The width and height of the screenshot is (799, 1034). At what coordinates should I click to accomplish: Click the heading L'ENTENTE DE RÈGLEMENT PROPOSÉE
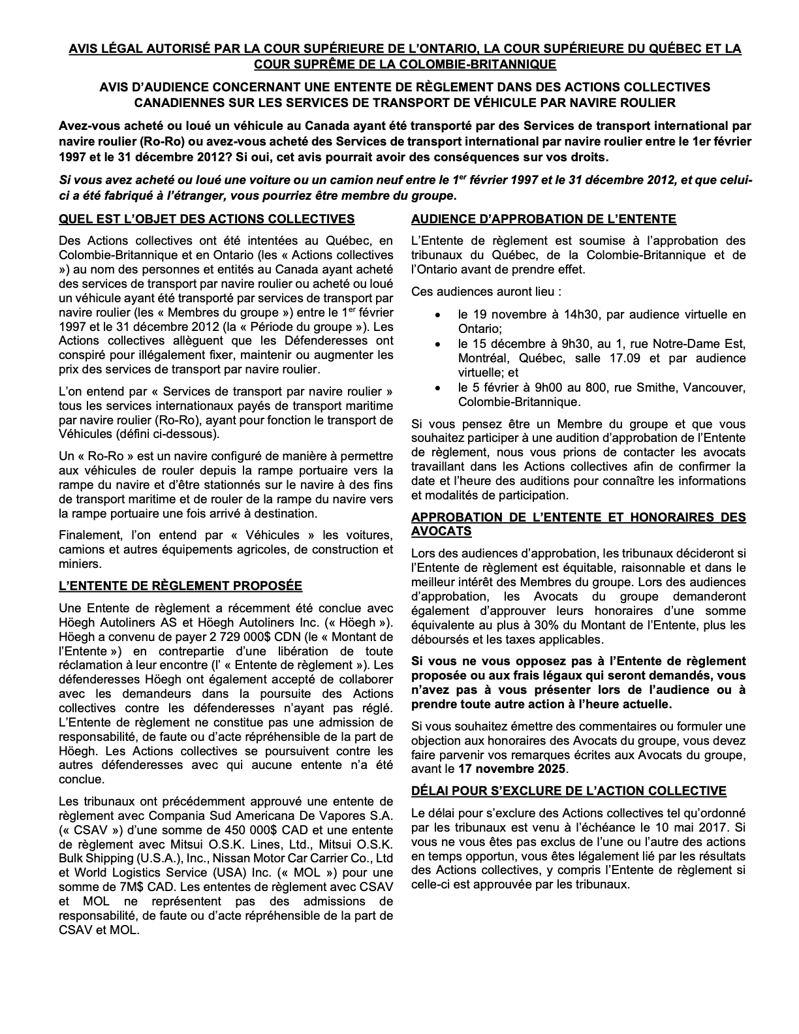point(180,586)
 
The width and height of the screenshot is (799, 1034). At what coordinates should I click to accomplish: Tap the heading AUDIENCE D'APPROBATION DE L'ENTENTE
point(544,219)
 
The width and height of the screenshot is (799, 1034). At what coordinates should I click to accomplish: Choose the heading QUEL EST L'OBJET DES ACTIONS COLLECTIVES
point(206,219)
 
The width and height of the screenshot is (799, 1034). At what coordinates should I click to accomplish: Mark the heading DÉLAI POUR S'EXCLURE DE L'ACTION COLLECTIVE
point(569,791)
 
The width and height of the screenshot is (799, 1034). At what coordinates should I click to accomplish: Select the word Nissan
point(232,858)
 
